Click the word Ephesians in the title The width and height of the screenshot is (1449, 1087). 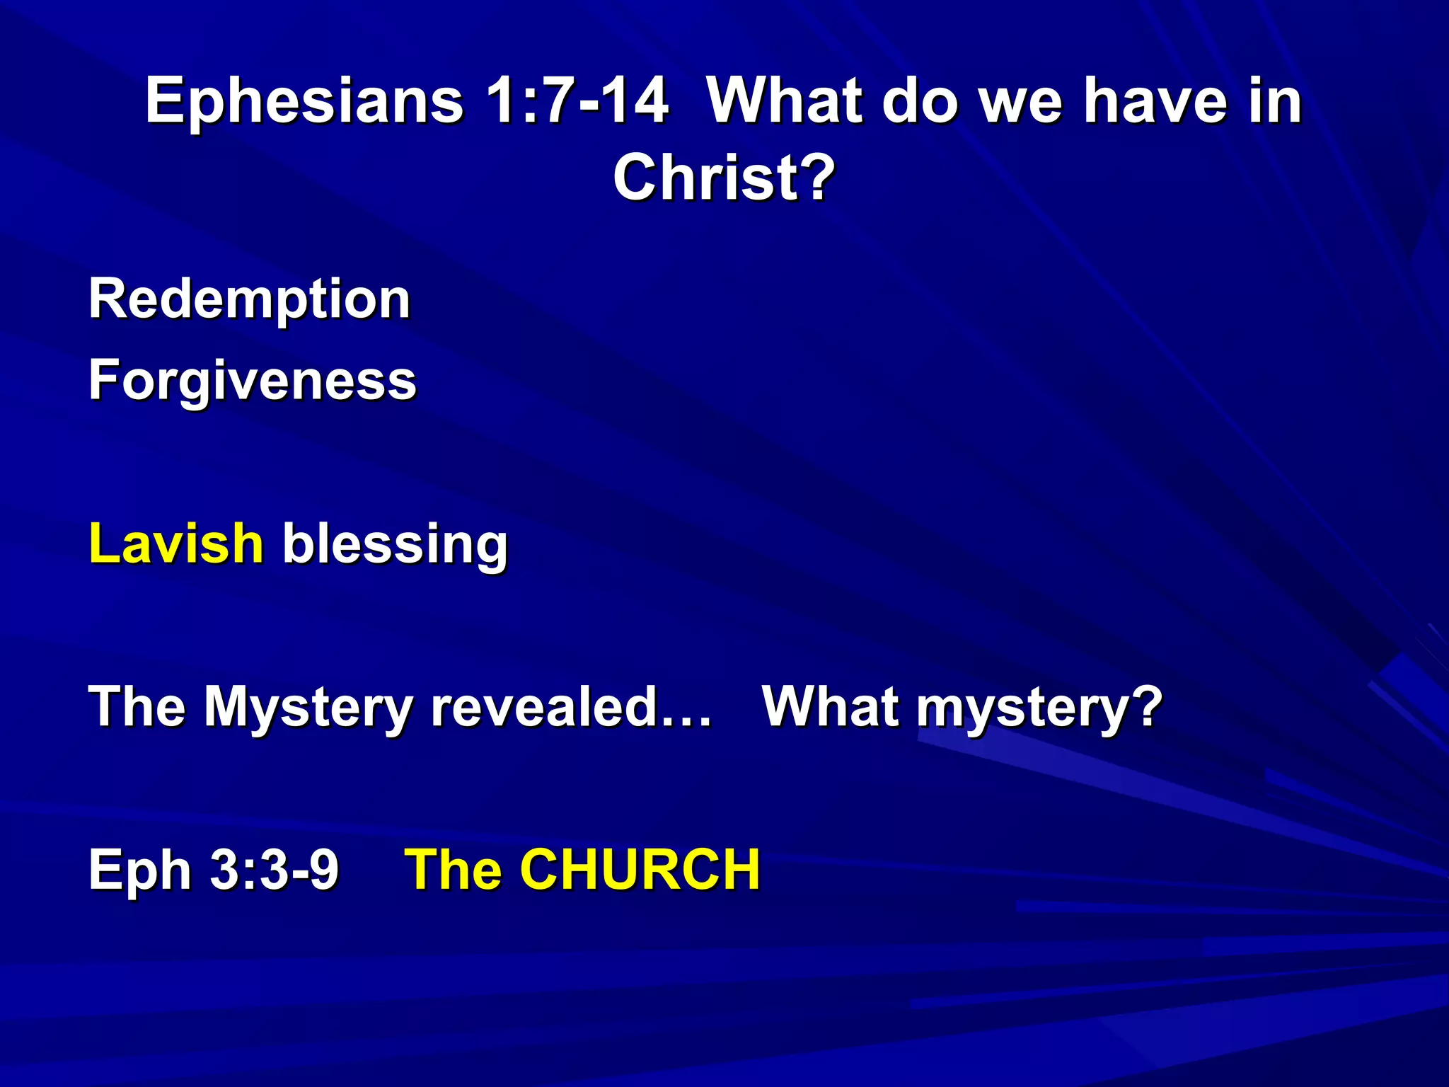tap(304, 101)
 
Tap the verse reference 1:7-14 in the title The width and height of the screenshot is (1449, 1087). tap(577, 101)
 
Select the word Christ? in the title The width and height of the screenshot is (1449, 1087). tap(724, 178)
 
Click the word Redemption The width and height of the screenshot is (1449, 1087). tap(249, 299)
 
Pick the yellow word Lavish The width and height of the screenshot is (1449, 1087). tap(176, 543)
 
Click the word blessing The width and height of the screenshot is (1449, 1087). tap(395, 545)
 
